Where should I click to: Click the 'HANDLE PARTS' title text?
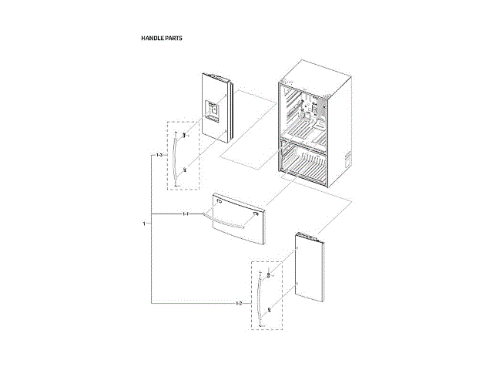[x=161, y=38]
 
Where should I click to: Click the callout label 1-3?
[x=159, y=156]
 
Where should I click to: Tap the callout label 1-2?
[x=239, y=303]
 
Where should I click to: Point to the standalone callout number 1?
[x=143, y=224]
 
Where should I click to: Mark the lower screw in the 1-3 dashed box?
[x=184, y=170]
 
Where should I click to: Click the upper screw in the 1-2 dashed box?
[x=269, y=275]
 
